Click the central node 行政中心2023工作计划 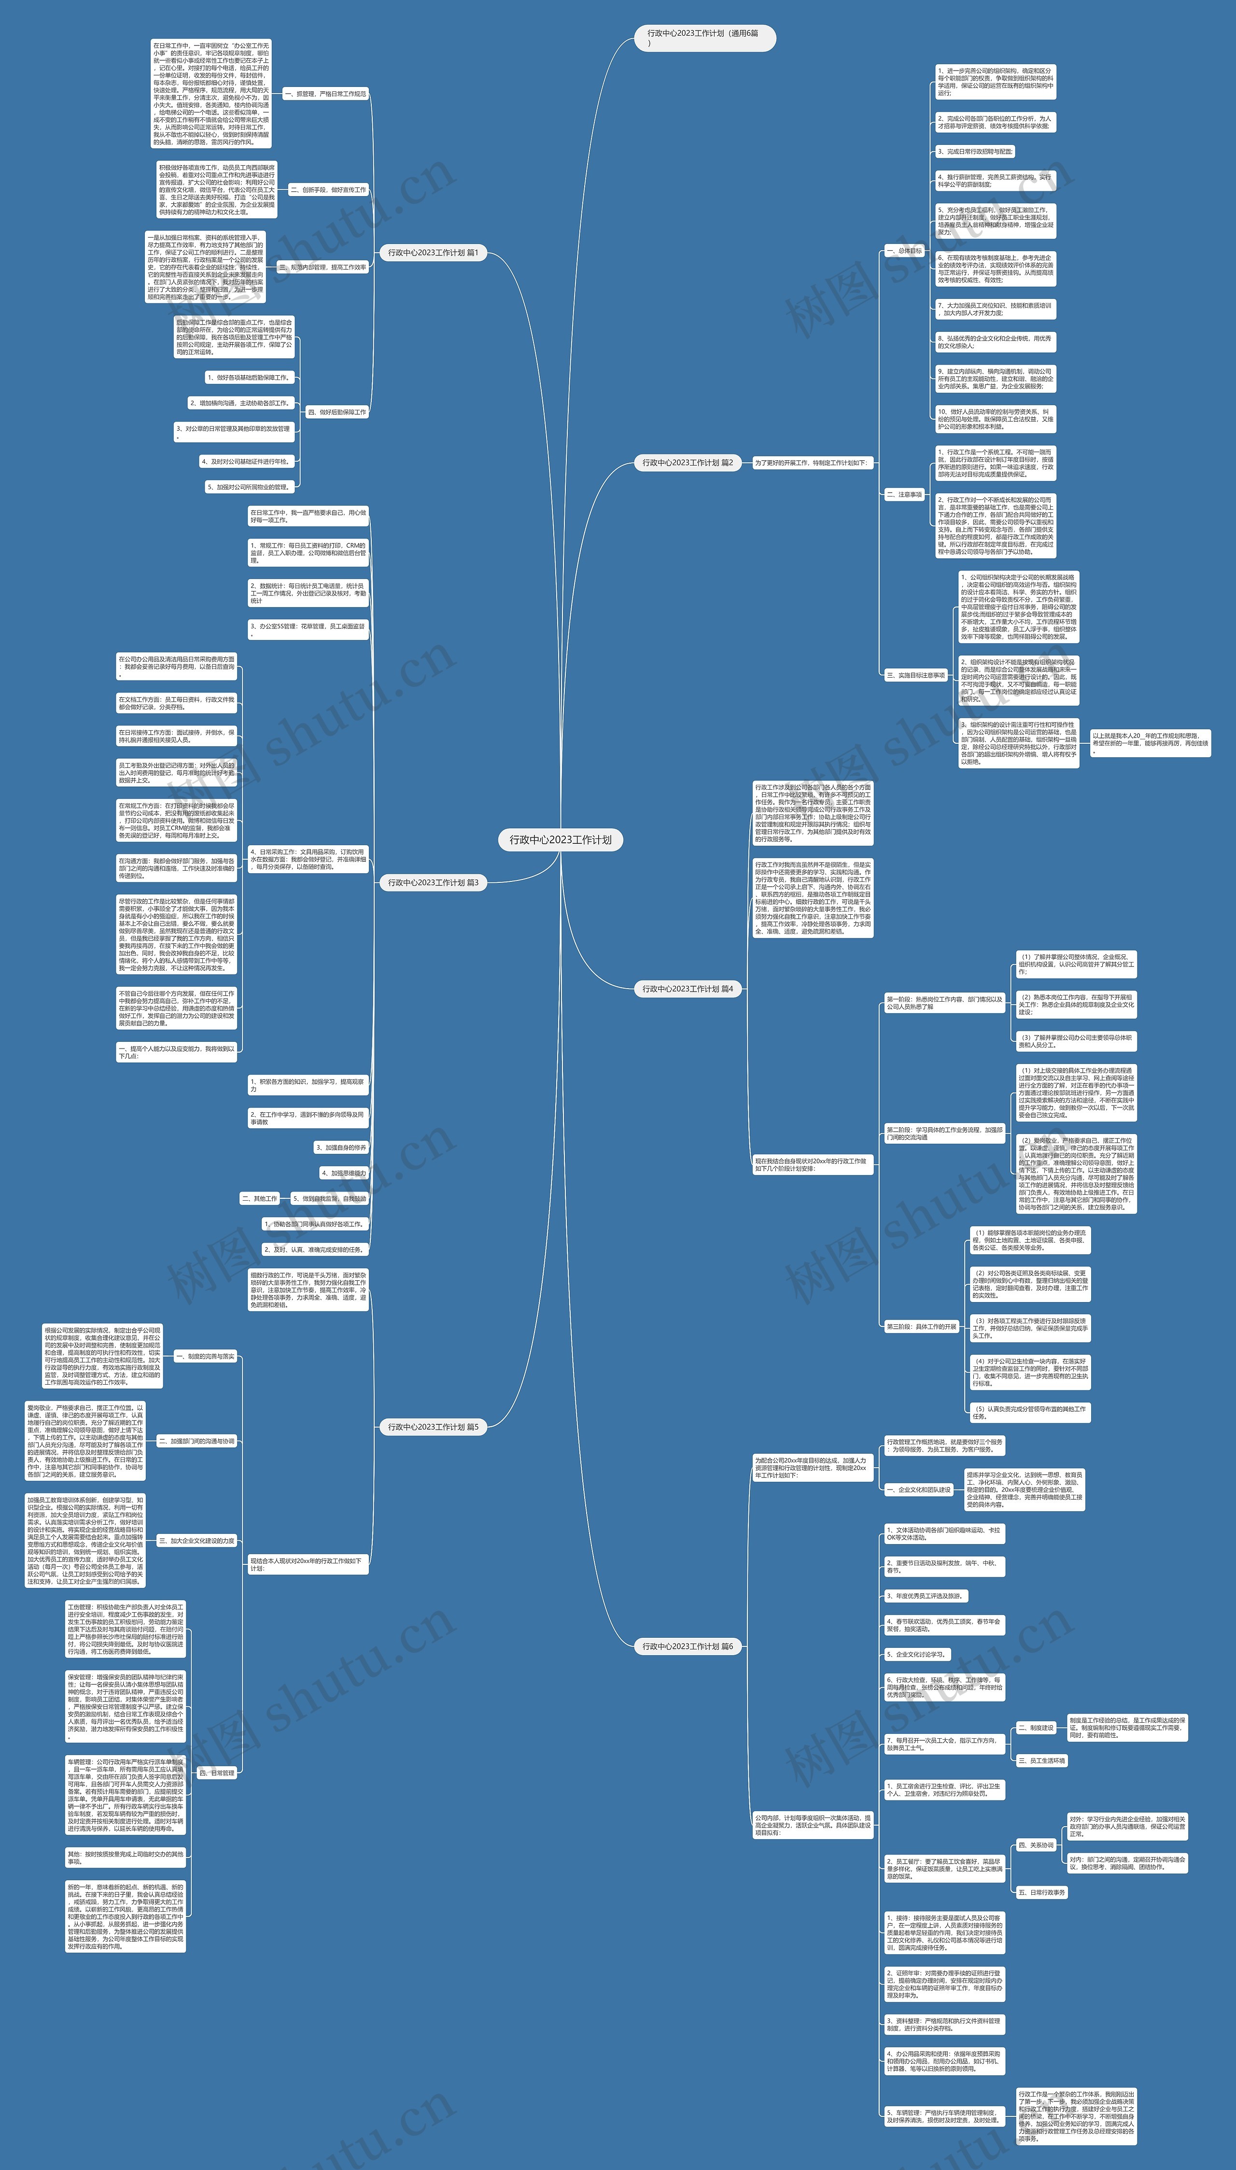560,839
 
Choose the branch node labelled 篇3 433,883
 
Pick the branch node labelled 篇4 688,989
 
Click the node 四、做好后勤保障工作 337,412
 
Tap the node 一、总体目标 904,251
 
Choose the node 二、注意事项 904,494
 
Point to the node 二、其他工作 260,1199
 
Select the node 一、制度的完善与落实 205,1357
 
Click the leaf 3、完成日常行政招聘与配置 975,152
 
